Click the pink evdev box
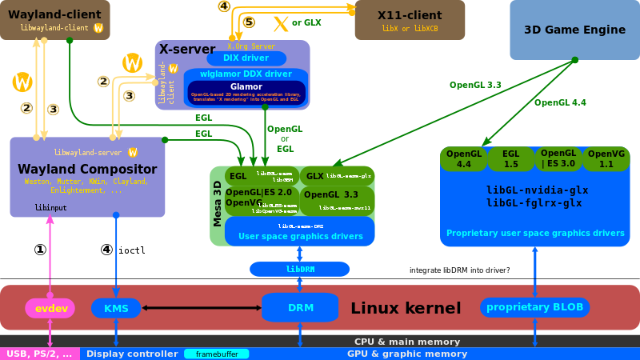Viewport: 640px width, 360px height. click(x=50, y=308)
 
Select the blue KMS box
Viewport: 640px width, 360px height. click(x=116, y=308)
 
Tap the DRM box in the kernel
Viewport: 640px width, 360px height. click(x=300, y=308)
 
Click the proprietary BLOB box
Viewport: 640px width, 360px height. click(x=534, y=307)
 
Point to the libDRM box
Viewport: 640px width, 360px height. click(x=299, y=269)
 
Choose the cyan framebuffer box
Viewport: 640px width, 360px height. click(x=217, y=354)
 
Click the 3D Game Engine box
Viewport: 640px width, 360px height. click(x=574, y=30)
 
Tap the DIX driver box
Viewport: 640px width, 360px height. click(x=246, y=58)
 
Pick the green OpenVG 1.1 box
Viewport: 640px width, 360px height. click(x=606, y=158)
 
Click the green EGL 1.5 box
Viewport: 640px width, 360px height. click(x=510, y=158)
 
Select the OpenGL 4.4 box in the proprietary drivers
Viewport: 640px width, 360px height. click(x=464, y=158)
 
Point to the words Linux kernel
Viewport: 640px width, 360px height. click(x=406, y=308)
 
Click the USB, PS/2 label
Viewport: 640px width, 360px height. click(x=39, y=354)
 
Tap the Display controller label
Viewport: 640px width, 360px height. click(x=132, y=354)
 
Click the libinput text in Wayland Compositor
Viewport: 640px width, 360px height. click(x=50, y=207)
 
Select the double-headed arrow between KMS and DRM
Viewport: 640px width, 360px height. click(x=201, y=308)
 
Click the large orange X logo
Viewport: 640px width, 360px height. click(x=281, y=23)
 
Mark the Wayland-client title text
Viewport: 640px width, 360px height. click(x=54, y=14)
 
